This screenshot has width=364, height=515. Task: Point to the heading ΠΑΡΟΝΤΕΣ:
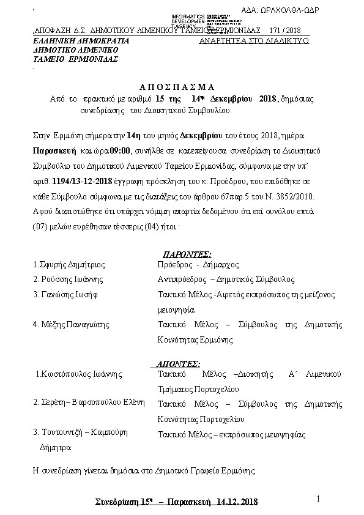pyautogui.click(x=187, y=254)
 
